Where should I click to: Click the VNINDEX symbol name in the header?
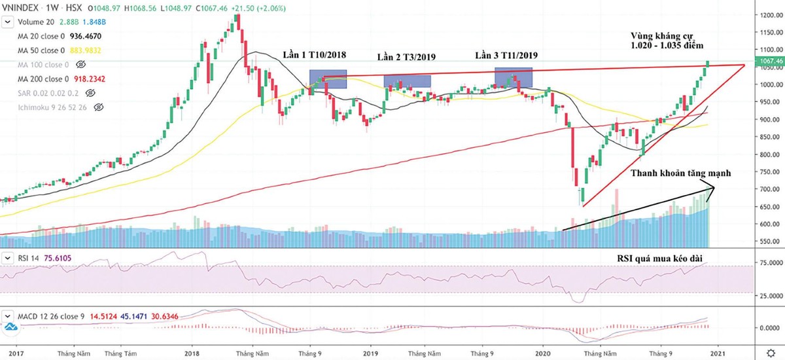[24, 9]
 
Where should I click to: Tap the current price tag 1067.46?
[768, 62]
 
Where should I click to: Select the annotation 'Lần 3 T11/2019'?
[506, 55]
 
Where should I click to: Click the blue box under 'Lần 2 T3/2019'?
[407, 82]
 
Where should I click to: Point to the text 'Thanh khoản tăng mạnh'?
[680, 173]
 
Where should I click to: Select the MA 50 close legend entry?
[39, 50]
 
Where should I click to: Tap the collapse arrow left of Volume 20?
[8, 22]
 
